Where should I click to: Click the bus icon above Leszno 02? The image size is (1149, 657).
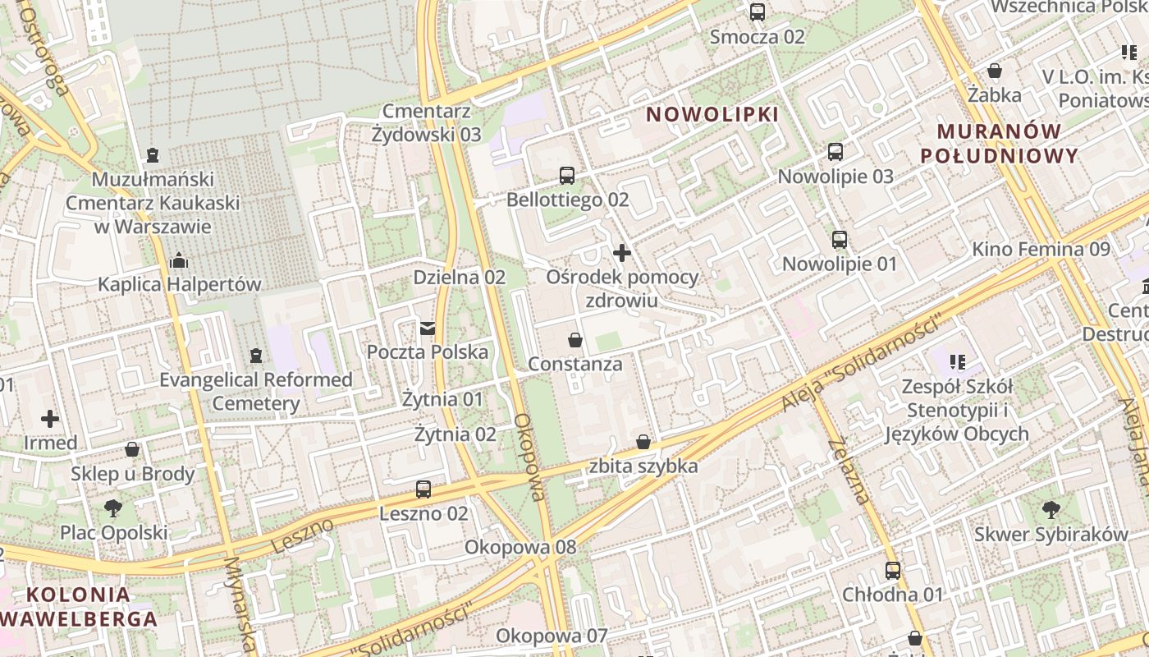423,489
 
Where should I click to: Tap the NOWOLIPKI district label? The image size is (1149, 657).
712,114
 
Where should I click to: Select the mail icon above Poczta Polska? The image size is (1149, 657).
428,328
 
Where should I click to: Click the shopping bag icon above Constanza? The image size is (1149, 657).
575,340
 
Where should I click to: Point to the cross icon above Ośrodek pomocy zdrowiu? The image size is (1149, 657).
622,253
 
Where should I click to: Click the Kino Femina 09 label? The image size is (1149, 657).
1041,249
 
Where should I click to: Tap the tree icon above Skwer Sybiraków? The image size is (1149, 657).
1051,510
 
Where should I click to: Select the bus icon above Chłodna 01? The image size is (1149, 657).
893,570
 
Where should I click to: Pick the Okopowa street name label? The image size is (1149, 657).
529,457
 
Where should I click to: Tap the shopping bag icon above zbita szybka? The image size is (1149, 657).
643,443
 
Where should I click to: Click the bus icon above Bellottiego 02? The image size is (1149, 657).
567,175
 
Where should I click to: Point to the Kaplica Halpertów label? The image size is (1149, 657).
180,285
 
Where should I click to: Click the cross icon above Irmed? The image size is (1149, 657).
50,419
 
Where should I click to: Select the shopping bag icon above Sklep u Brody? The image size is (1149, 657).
132,450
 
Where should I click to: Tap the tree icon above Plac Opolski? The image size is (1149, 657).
113,508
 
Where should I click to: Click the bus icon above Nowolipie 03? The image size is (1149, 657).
835,152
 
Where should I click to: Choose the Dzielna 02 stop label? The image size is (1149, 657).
459,278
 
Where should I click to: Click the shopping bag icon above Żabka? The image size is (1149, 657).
995,71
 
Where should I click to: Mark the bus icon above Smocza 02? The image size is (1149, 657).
758,12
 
